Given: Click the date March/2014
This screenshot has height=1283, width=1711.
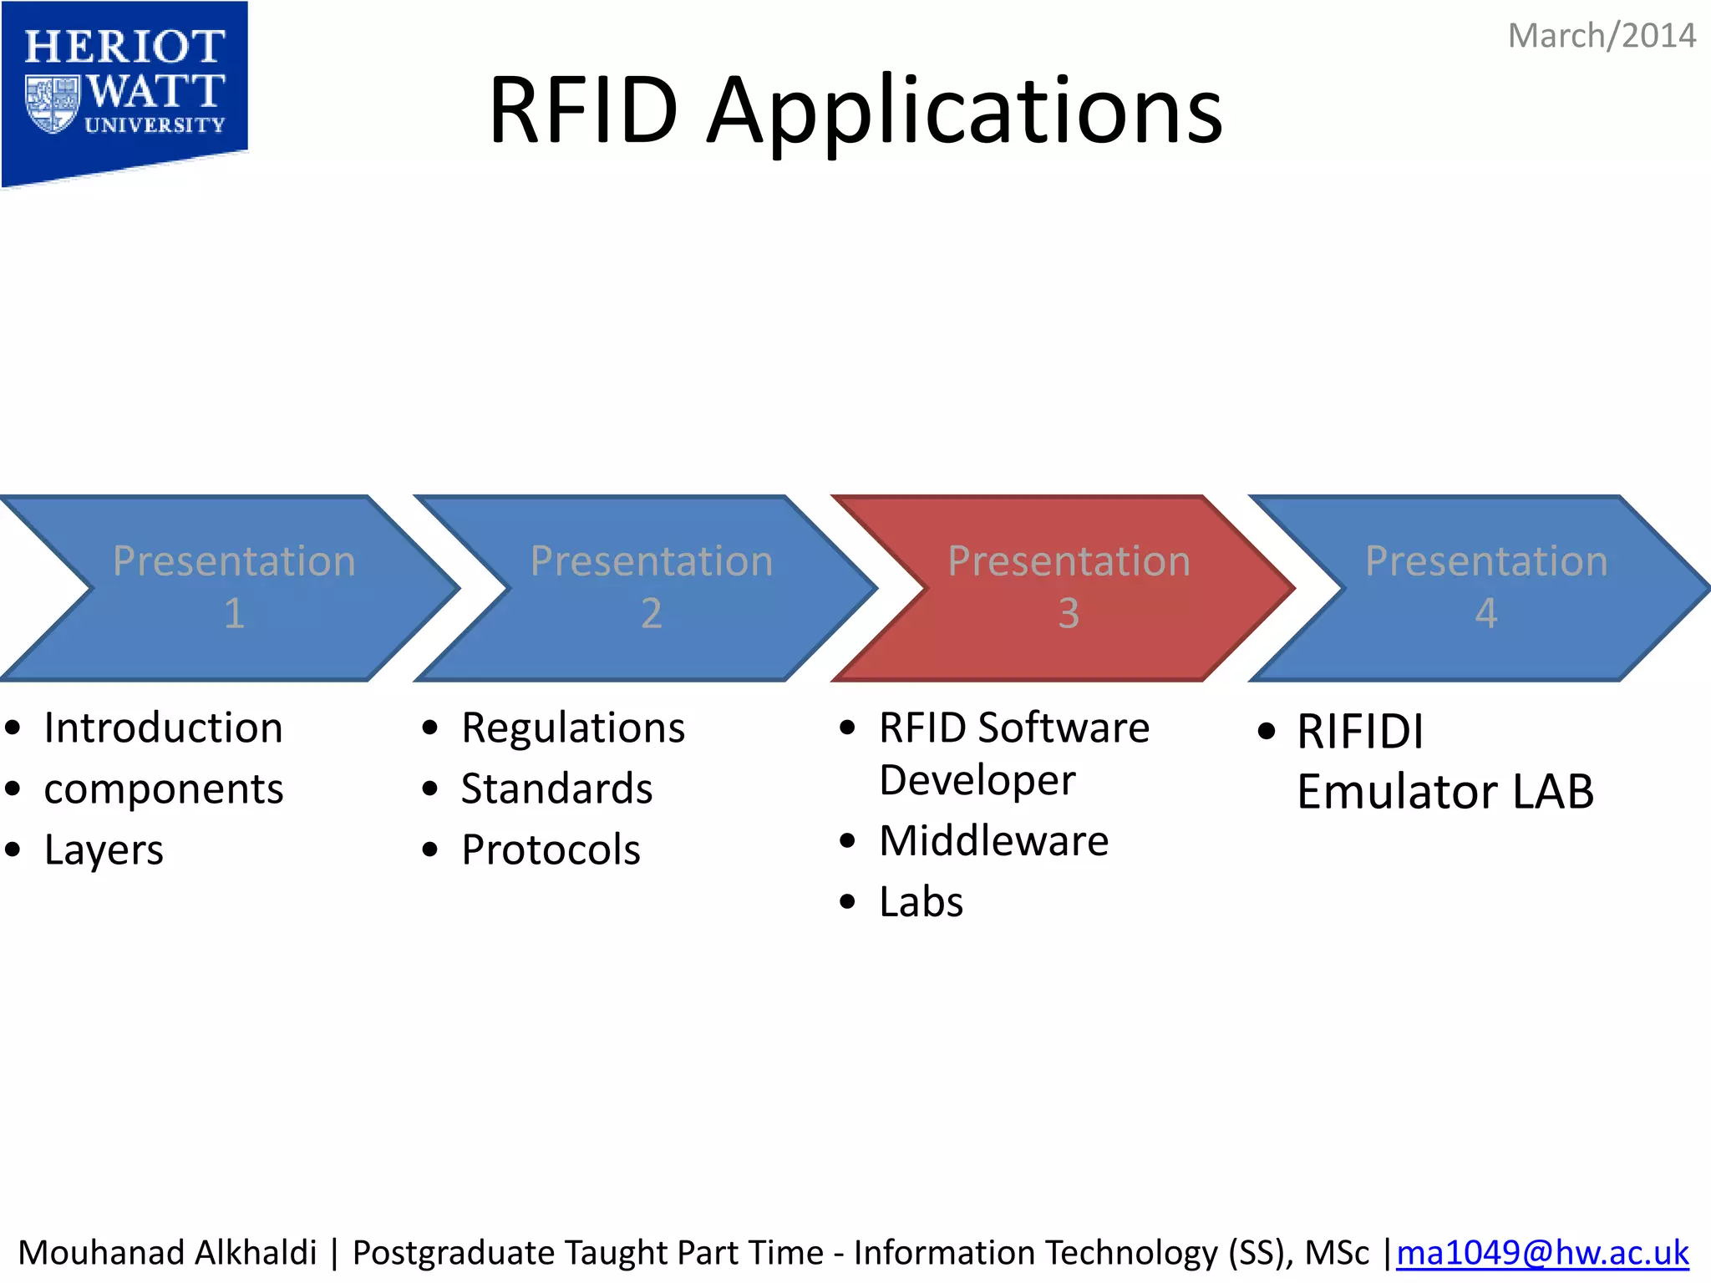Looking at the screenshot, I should (1601, 36).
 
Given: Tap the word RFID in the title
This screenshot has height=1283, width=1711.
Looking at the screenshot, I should (583, 109).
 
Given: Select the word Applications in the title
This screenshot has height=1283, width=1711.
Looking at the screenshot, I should (965, 113).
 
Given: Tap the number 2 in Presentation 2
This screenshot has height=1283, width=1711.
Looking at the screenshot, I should (651, 613).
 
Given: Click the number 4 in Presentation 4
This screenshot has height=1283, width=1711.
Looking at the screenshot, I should (1485, 613).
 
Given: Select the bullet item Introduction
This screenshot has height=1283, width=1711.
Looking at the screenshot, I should (163, 728).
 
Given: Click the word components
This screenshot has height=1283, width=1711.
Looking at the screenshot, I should (163, 789).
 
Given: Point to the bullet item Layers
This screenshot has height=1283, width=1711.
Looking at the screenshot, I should (104, 850).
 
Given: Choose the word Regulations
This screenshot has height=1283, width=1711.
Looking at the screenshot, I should (573, 728).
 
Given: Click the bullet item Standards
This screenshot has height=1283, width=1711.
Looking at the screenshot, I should (556, 789).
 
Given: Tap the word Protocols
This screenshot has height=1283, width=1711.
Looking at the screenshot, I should (551, 850).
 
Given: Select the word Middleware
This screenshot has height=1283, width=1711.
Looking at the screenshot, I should (993, 840).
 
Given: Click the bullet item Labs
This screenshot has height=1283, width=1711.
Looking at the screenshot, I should (921, 902).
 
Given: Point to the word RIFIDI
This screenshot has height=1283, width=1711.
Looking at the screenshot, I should (1360, 732).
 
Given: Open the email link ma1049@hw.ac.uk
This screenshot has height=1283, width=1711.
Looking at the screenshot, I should (1541, 1253).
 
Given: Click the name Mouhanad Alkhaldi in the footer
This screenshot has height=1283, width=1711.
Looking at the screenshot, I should (167, 1253).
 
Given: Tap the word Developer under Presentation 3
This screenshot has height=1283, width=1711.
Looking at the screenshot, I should (977, 781).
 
